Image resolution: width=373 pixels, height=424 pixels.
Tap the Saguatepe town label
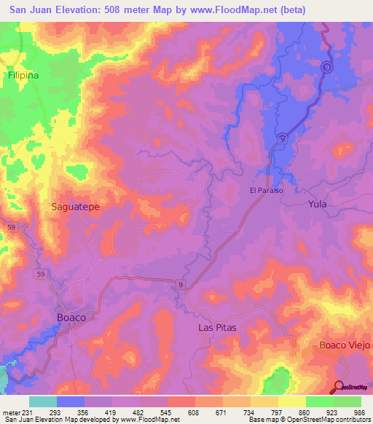tap(75, 206)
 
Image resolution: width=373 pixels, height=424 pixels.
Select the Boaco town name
tap(76, 318)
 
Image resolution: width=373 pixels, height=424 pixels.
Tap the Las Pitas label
tap(218, 328)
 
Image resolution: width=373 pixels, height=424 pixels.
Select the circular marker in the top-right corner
tap(328, 66)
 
